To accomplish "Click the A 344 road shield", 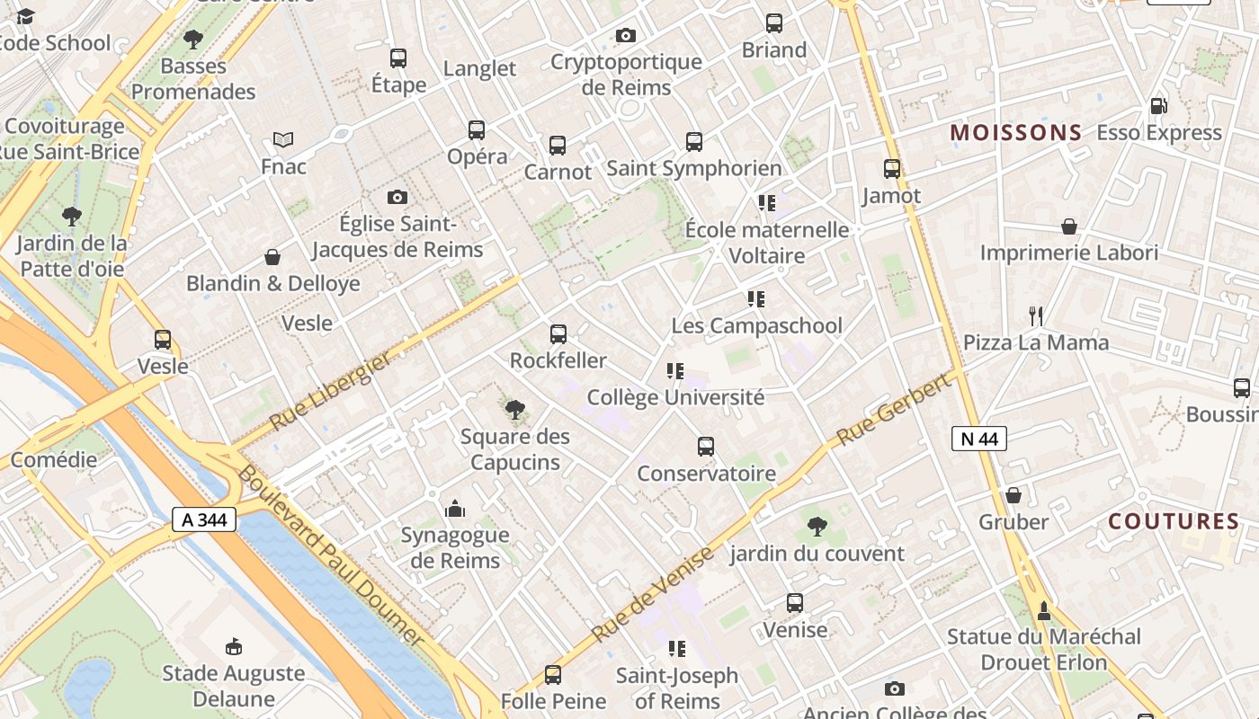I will [x=204, y=519].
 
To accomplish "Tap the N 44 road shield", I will [x=978, y=439].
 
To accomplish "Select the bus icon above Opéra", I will [x=477, y=130].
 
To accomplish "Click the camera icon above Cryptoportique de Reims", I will [x=626, y=36].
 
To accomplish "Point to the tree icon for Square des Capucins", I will [x=515, y=411].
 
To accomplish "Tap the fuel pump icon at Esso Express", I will [x=1158, y=106].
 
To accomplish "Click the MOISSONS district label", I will [x=1016, y=133].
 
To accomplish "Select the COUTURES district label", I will [x=1174, y=521].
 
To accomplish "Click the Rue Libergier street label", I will [x=330, y=390].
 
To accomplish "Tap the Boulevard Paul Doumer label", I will [x=330, y=555].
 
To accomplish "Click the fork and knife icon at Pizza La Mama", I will [x=1036, y=315].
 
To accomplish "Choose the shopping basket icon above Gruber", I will [x=1013, y=495].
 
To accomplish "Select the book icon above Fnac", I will [x=283, y=140].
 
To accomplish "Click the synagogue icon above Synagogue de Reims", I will [x=455, y=510].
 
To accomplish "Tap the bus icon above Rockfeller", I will [x=558, y=334].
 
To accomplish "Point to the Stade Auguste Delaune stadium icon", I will [x=234, y=646].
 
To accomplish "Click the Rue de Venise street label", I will [x=654, y=594].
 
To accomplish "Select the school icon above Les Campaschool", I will [x=756, y=299].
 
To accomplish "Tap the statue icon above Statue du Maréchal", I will [x=1044, y=611].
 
